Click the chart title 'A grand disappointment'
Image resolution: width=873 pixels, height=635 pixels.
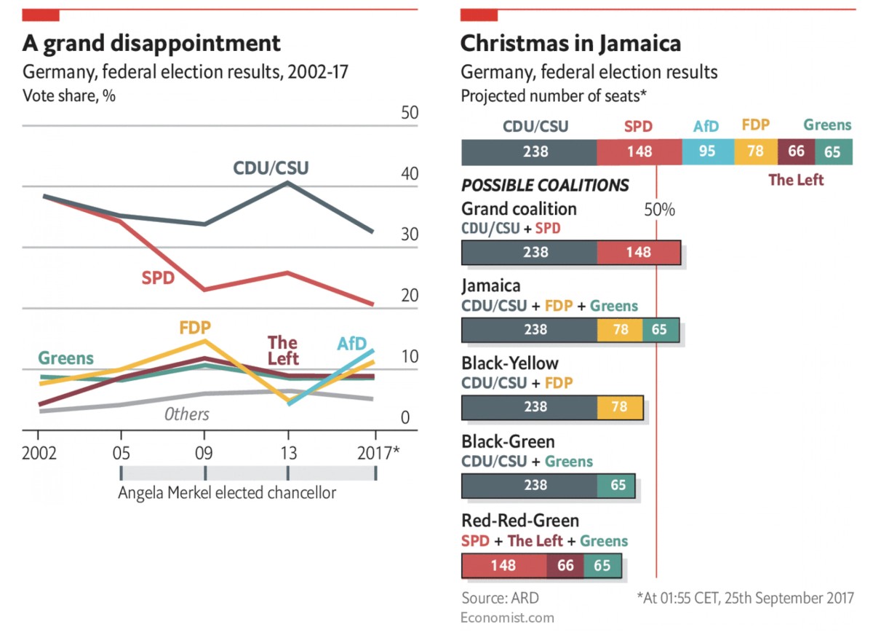(151, 43)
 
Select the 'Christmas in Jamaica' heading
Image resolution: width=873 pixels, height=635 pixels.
(570, 43)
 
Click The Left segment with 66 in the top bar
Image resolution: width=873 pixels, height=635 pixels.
(796, 152)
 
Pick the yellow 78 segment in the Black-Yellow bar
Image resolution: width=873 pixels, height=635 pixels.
(620, 407)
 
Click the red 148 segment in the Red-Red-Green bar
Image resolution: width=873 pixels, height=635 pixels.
(503, 565)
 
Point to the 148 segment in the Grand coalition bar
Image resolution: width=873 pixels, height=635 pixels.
(638, 253)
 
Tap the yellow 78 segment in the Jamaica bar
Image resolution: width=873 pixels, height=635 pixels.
(620, 329)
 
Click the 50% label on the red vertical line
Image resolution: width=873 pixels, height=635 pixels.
(660, 210)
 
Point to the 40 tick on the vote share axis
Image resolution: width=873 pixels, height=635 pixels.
(409, 174)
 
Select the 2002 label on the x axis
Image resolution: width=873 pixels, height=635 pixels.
(39, 453)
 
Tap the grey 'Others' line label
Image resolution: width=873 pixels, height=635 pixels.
(186, 414)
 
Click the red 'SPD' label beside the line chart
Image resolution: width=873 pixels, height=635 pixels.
(158, 277)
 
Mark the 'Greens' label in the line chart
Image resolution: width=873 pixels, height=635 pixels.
(65, 358)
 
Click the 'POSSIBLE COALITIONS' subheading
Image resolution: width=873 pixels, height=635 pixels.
(545, 185)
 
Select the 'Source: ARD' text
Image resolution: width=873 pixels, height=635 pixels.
(501, 598)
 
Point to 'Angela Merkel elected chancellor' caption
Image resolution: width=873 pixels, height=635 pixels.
(227, 493)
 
